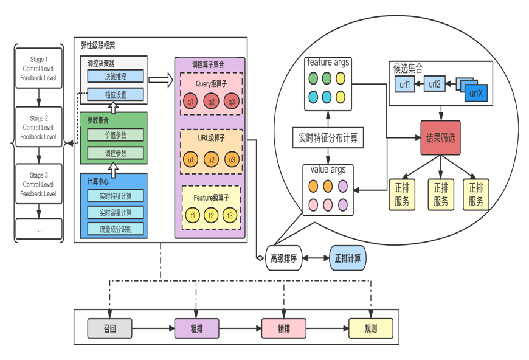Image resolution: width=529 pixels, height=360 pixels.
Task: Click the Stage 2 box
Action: click(39, 127)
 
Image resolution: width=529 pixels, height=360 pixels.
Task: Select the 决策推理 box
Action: click(116, 76)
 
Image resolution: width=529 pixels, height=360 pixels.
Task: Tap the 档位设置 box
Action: click(116, 94)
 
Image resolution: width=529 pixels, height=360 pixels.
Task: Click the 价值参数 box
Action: click(116, 135)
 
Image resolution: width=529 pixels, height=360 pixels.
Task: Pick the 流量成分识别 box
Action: click(116, 229)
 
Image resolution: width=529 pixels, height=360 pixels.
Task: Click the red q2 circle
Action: click(211, 102)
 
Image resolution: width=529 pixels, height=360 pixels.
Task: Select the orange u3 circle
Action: click(232, 159)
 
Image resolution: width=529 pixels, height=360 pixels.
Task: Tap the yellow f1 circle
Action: click(193, 215)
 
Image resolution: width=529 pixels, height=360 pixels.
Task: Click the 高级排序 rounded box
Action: click(284, 258)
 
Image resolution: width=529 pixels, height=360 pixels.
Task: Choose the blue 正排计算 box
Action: click(347, 258)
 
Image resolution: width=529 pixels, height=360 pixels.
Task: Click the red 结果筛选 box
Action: click(441, 137)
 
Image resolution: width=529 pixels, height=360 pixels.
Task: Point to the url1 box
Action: click(405, 84)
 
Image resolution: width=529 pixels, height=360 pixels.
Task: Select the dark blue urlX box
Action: click(476, 93)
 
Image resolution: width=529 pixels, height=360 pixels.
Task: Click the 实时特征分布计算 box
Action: click(328, 137)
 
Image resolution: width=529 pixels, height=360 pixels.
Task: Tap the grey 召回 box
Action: click(109, 328)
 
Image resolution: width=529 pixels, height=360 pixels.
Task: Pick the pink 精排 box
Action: click(284, 328)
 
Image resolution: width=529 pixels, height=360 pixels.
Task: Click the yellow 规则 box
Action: click(371, 328)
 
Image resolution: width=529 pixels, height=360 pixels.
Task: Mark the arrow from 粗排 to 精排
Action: click(240, 328)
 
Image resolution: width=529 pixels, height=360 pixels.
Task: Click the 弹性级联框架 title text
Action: click(98, 45)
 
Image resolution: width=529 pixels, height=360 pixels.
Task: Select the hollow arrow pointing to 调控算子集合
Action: click(161, 80)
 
